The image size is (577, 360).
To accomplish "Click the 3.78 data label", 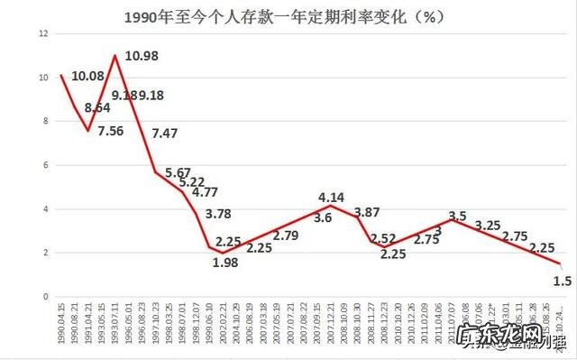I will point(219,214).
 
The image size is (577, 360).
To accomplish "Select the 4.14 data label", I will point(332,197).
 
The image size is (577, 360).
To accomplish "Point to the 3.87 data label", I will point(368,213).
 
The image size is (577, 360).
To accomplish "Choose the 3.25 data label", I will point(489,225).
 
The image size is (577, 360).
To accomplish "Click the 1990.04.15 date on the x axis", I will point(61,326).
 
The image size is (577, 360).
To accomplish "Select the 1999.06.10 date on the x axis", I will point(210,326).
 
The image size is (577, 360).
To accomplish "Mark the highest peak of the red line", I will point(115,56).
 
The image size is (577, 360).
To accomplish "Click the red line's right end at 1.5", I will point(559,263).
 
